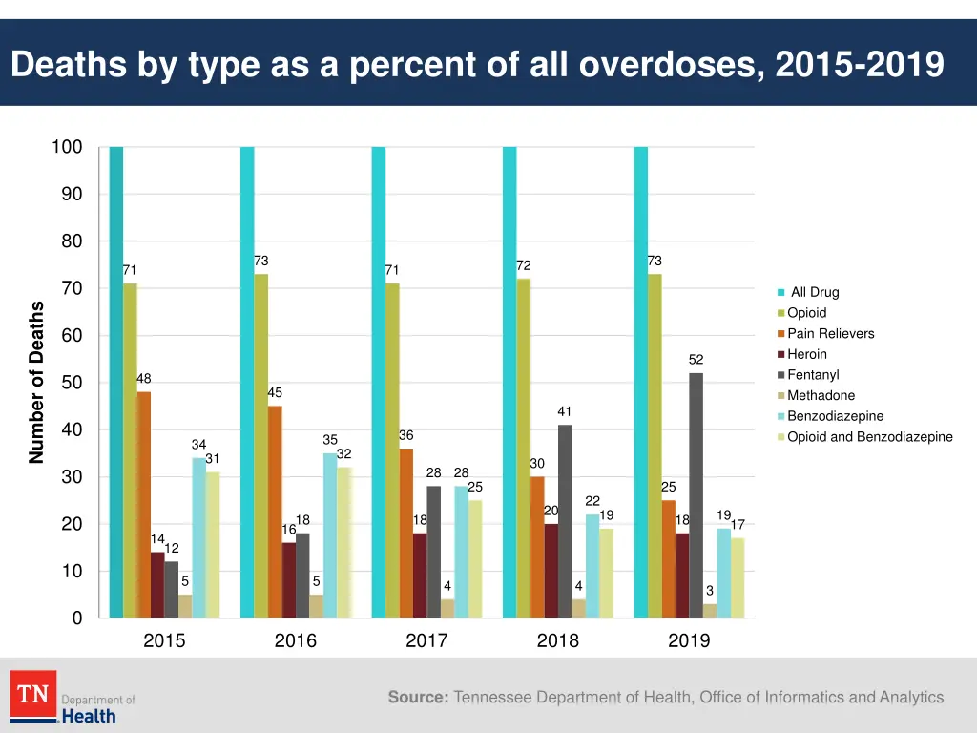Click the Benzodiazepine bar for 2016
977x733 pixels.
330,534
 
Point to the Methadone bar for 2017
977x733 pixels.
447,608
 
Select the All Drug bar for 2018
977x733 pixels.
509,382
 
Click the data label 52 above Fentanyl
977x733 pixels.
696,360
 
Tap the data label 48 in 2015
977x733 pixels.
143,378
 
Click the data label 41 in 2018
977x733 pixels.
565,411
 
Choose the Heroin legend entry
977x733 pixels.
806,354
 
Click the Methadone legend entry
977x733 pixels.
821,395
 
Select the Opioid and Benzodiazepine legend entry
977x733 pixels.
869,437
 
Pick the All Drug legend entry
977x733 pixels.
814,292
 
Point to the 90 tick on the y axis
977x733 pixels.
73,194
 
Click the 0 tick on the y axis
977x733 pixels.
77,618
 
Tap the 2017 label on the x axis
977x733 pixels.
426,640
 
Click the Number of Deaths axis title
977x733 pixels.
37,382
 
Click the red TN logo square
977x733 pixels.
33,694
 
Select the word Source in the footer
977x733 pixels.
418,698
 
